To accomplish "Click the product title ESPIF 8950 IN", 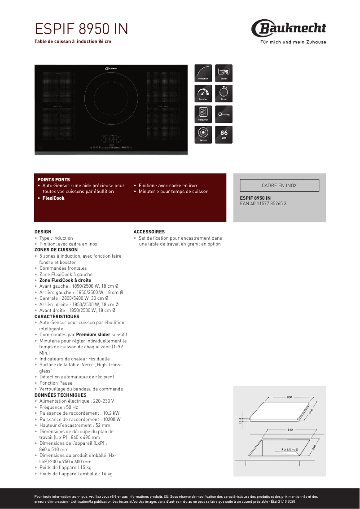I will [81, 29].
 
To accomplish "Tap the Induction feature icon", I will [203, 73].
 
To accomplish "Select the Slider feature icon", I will [224, 73].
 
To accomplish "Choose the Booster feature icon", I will [203, 93].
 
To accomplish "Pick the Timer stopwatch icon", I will [224, 93].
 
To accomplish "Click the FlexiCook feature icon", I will [203, 114].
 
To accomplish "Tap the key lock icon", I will [224, 114].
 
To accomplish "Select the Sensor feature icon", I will [203, 135].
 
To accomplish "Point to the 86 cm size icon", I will [224, 135].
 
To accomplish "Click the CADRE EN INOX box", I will [279, 185].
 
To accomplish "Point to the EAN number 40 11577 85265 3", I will [263, 203].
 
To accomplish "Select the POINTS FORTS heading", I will [53, 180].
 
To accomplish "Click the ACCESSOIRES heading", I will [149, 232].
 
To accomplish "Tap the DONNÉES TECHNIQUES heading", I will [60, 395].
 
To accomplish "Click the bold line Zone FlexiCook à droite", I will [65, 280].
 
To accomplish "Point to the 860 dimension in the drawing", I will [289, 397].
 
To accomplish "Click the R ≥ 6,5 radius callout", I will [290, 449].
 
